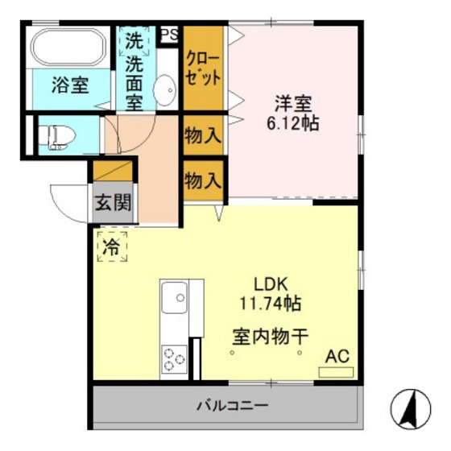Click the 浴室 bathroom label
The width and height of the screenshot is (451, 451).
click(71, 83)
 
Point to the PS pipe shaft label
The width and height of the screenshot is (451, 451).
click(168, 34)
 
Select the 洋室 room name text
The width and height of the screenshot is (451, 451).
click(293, 104)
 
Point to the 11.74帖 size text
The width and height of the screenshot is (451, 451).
click(270, 304)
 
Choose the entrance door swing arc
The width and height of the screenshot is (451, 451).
click(66, 201)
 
